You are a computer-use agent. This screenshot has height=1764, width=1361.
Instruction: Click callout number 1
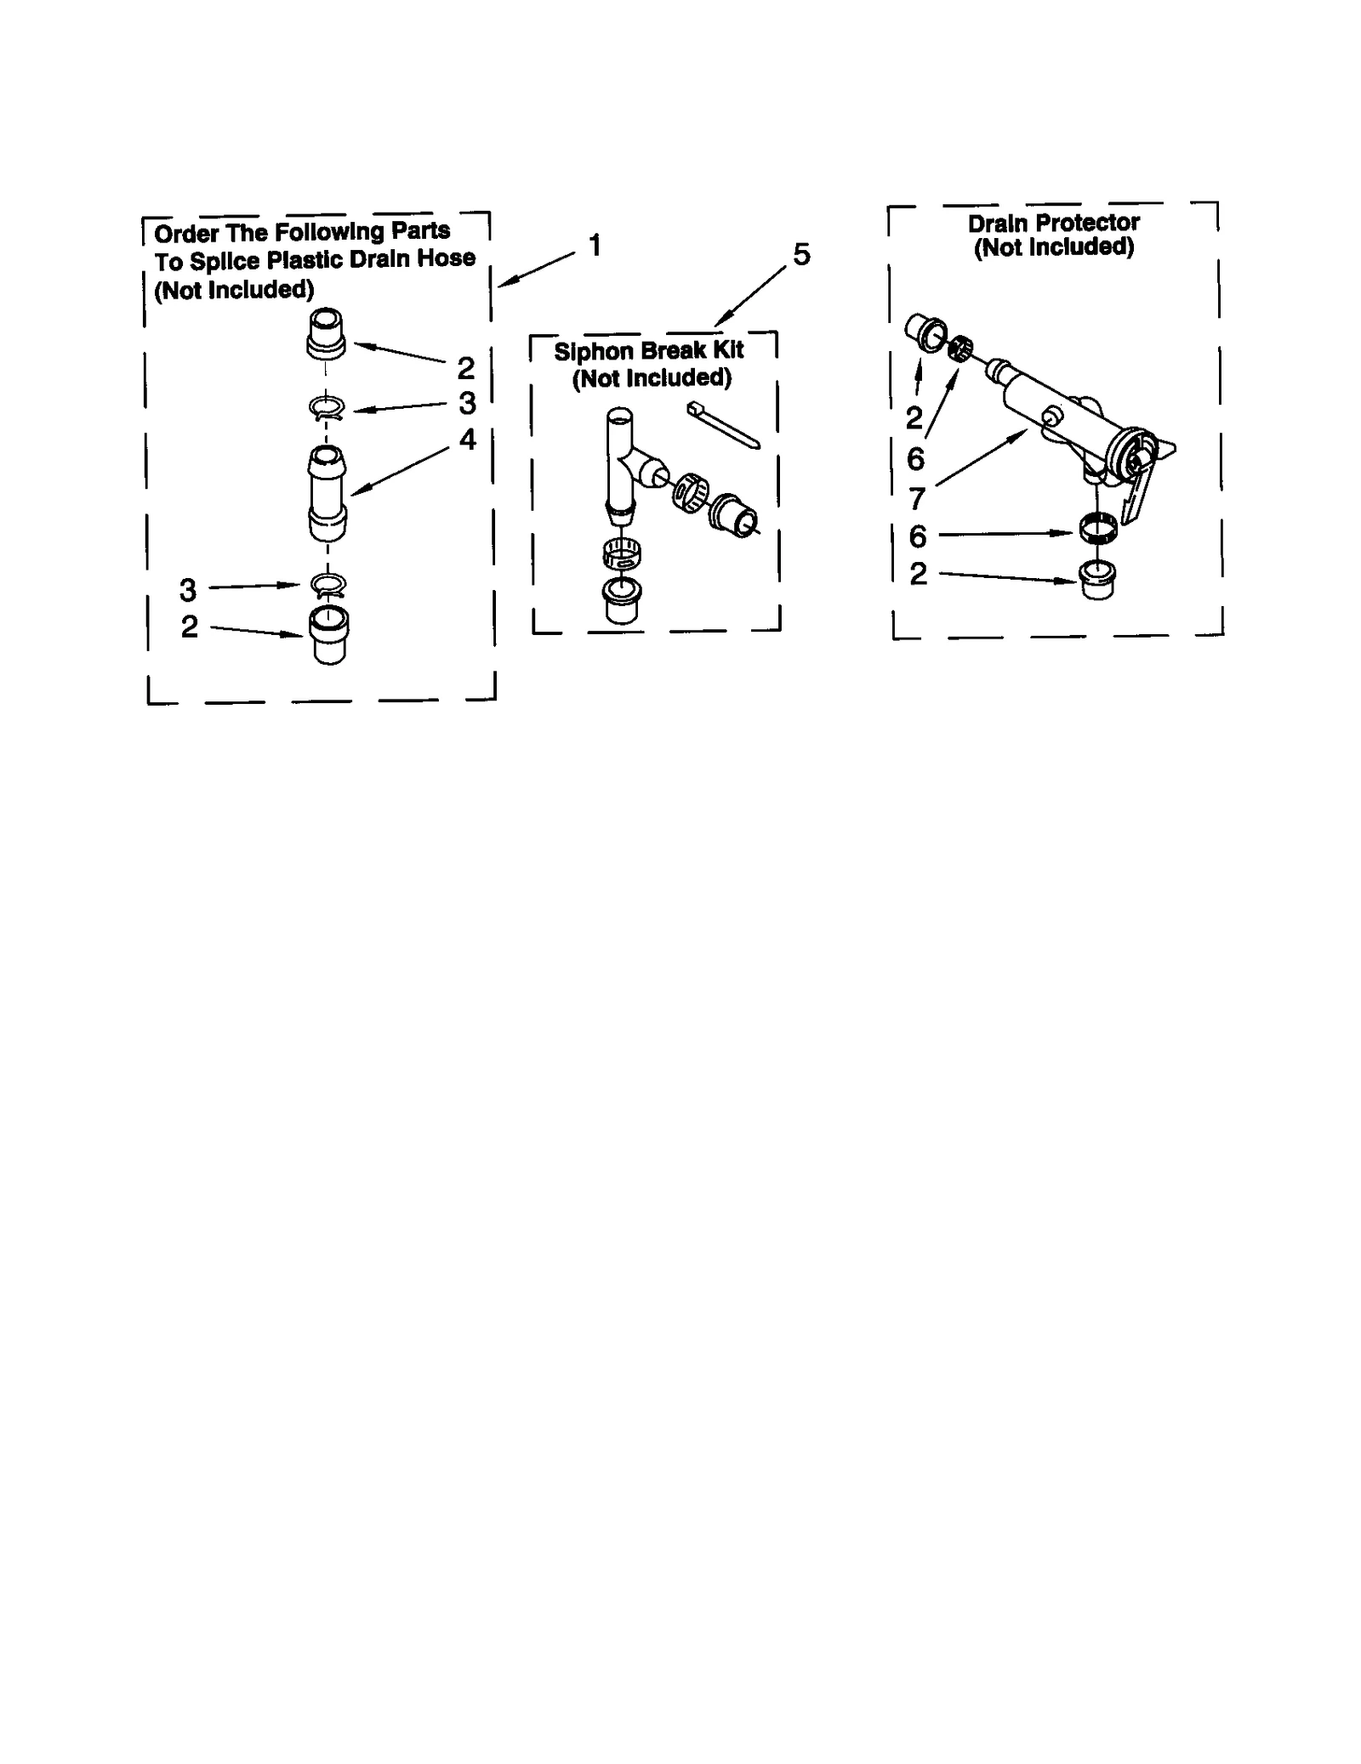(595, 245)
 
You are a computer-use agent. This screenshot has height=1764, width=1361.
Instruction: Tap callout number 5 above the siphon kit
(800, 254)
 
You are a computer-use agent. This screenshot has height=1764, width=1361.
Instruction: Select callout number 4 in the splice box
(467, 439)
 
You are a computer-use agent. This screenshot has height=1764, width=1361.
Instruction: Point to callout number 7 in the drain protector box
(916, 498)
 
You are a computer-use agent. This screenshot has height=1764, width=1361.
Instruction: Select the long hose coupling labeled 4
(327, 493)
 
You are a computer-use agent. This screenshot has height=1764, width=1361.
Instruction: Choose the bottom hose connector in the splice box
(329, 635)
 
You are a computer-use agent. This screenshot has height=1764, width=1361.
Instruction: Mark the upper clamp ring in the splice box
(326, 409)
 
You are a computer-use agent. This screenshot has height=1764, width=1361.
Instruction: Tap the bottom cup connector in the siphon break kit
(621, 601)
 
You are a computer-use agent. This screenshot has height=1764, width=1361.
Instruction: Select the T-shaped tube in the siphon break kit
(625, 459)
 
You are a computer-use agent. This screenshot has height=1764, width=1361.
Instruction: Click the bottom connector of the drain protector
(1097, 581)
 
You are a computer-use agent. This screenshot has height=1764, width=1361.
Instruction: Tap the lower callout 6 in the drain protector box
(917, 536)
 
